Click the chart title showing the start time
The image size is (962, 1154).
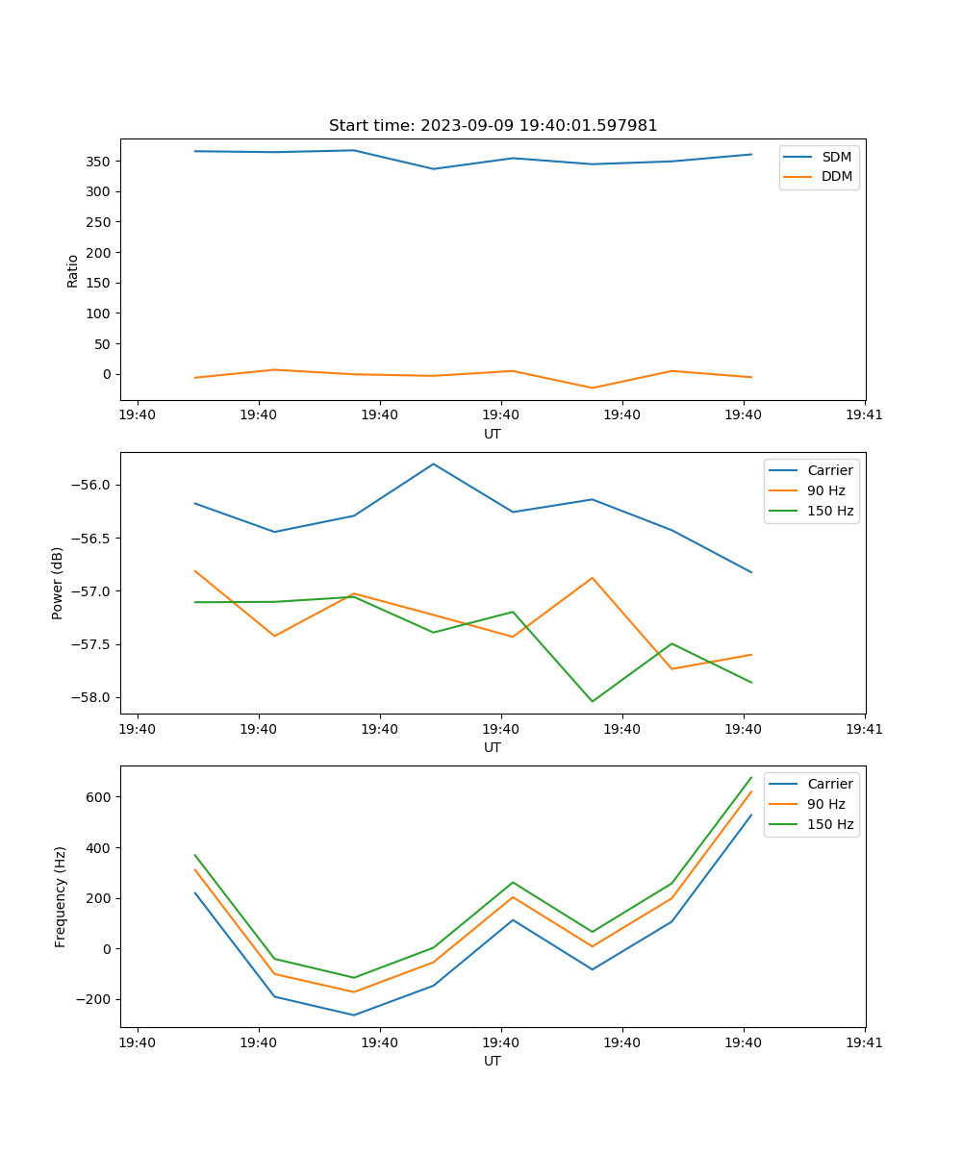click(493, 126)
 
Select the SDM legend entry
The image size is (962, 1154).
click(836, 157)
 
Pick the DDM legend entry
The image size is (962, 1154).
click(836, 177)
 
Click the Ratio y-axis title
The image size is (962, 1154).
click(72, 269)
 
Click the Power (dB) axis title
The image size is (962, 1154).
click(58, 583)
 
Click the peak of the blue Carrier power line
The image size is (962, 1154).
click(433, 464)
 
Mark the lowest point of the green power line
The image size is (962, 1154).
click(592, 701)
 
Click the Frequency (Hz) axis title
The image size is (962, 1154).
click(61, 896)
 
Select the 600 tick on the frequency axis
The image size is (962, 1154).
click(99, 796)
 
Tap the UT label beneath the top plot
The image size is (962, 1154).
click(493, 434)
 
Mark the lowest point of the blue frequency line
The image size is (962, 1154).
click(353, 1015)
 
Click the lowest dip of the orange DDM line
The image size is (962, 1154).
click(592, 388)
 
